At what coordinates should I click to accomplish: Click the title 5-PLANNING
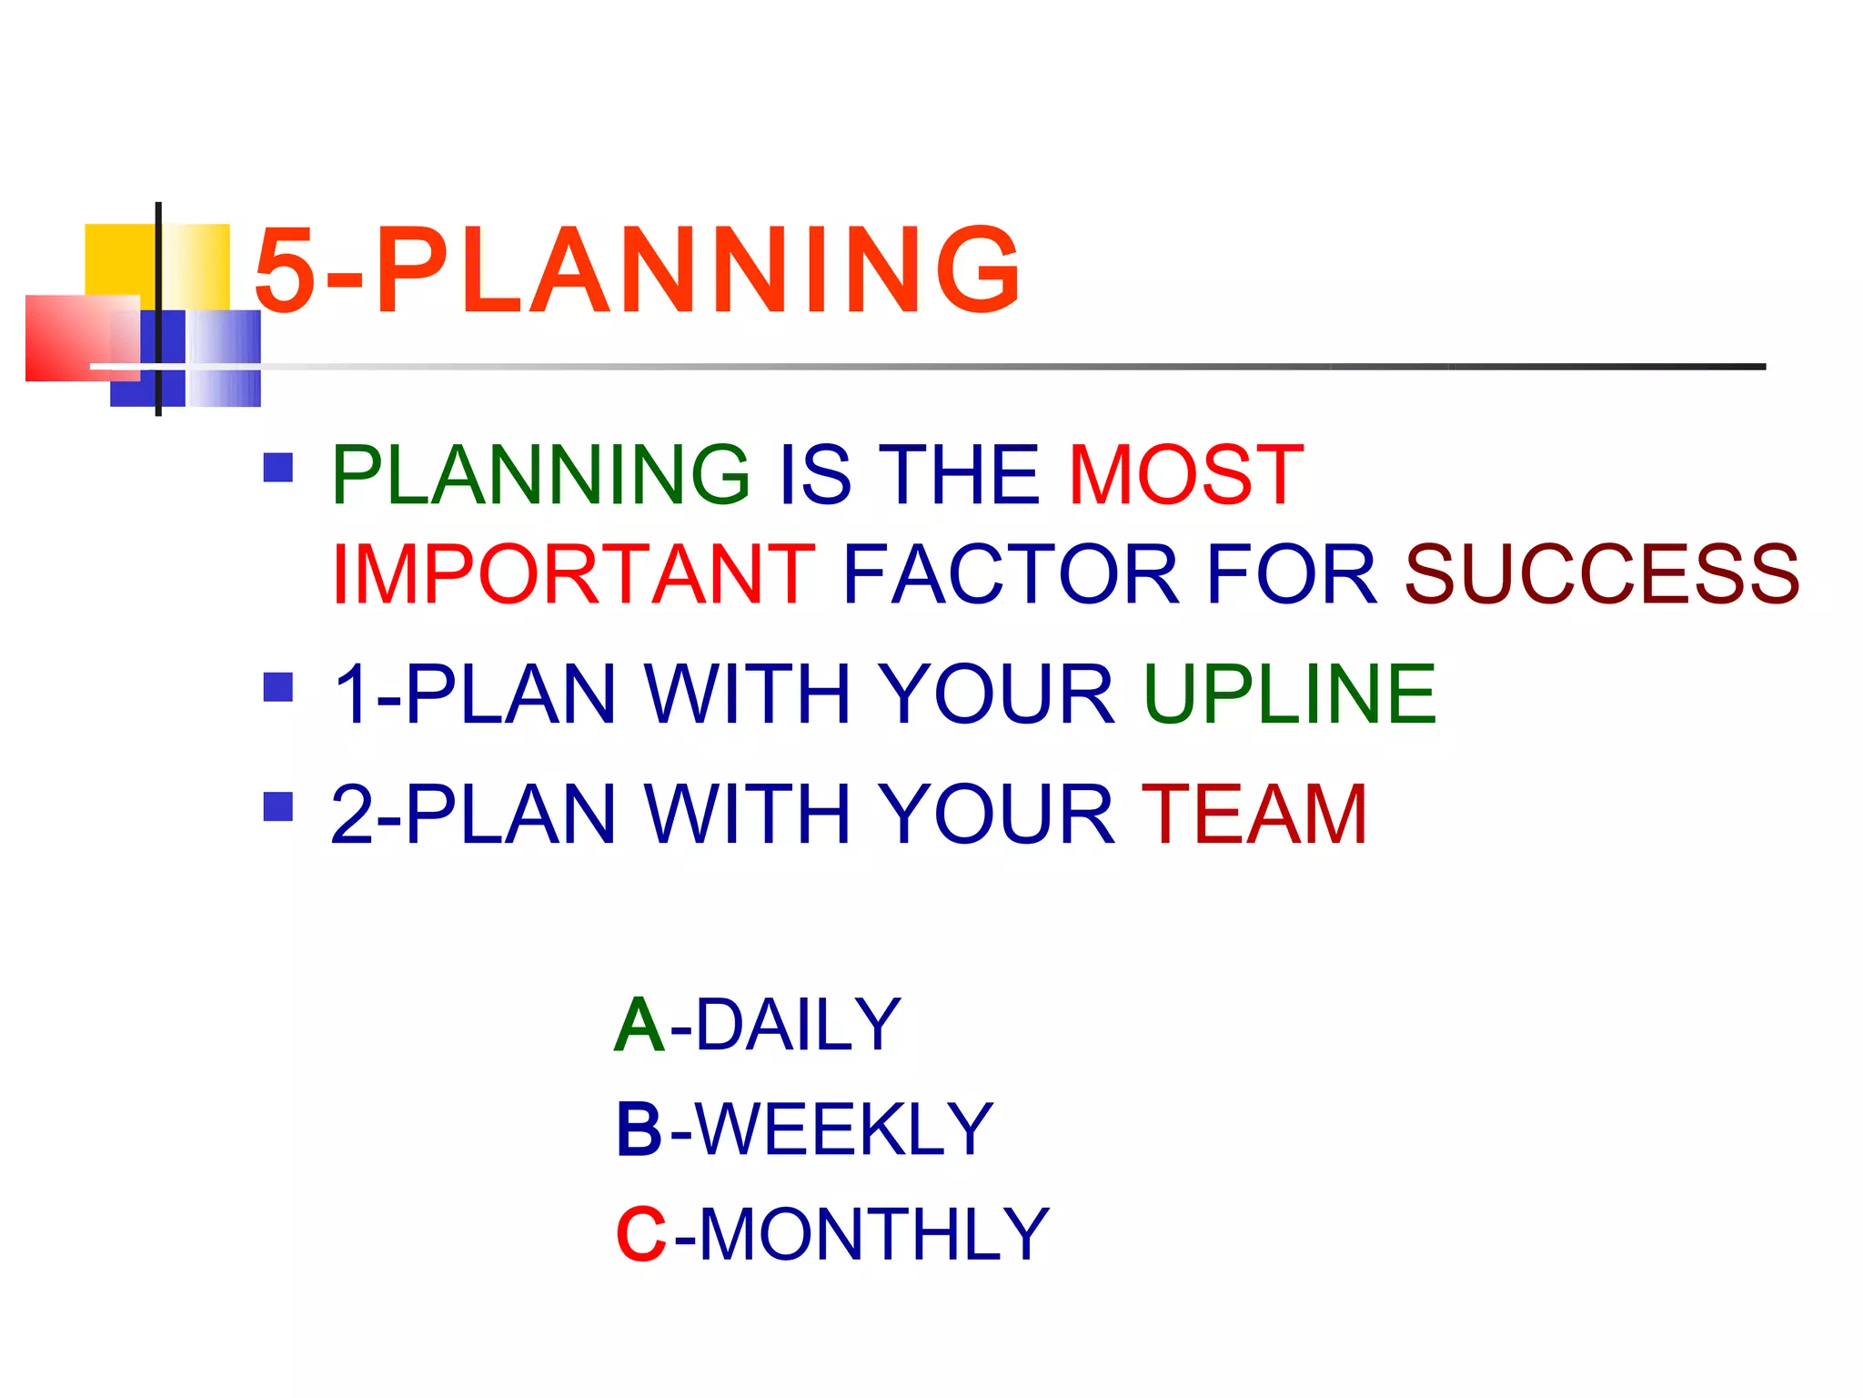637,270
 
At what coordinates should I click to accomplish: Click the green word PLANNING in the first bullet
540,474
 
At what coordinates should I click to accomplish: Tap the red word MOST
1185,474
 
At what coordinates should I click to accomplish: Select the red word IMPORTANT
573,573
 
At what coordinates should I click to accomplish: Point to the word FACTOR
1010,573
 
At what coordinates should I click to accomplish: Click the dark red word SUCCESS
1601,573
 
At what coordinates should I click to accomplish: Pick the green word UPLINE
1289,694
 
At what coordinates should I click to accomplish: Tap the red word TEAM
1254,814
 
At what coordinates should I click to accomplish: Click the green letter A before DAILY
639,1025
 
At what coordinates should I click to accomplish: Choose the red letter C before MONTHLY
641,1235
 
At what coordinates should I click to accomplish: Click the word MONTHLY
873,1235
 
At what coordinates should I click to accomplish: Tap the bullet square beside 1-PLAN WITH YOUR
277,687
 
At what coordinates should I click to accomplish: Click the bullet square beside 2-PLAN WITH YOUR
277,806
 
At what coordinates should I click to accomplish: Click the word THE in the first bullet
962,474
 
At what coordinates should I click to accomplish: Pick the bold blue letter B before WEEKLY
639,1130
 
